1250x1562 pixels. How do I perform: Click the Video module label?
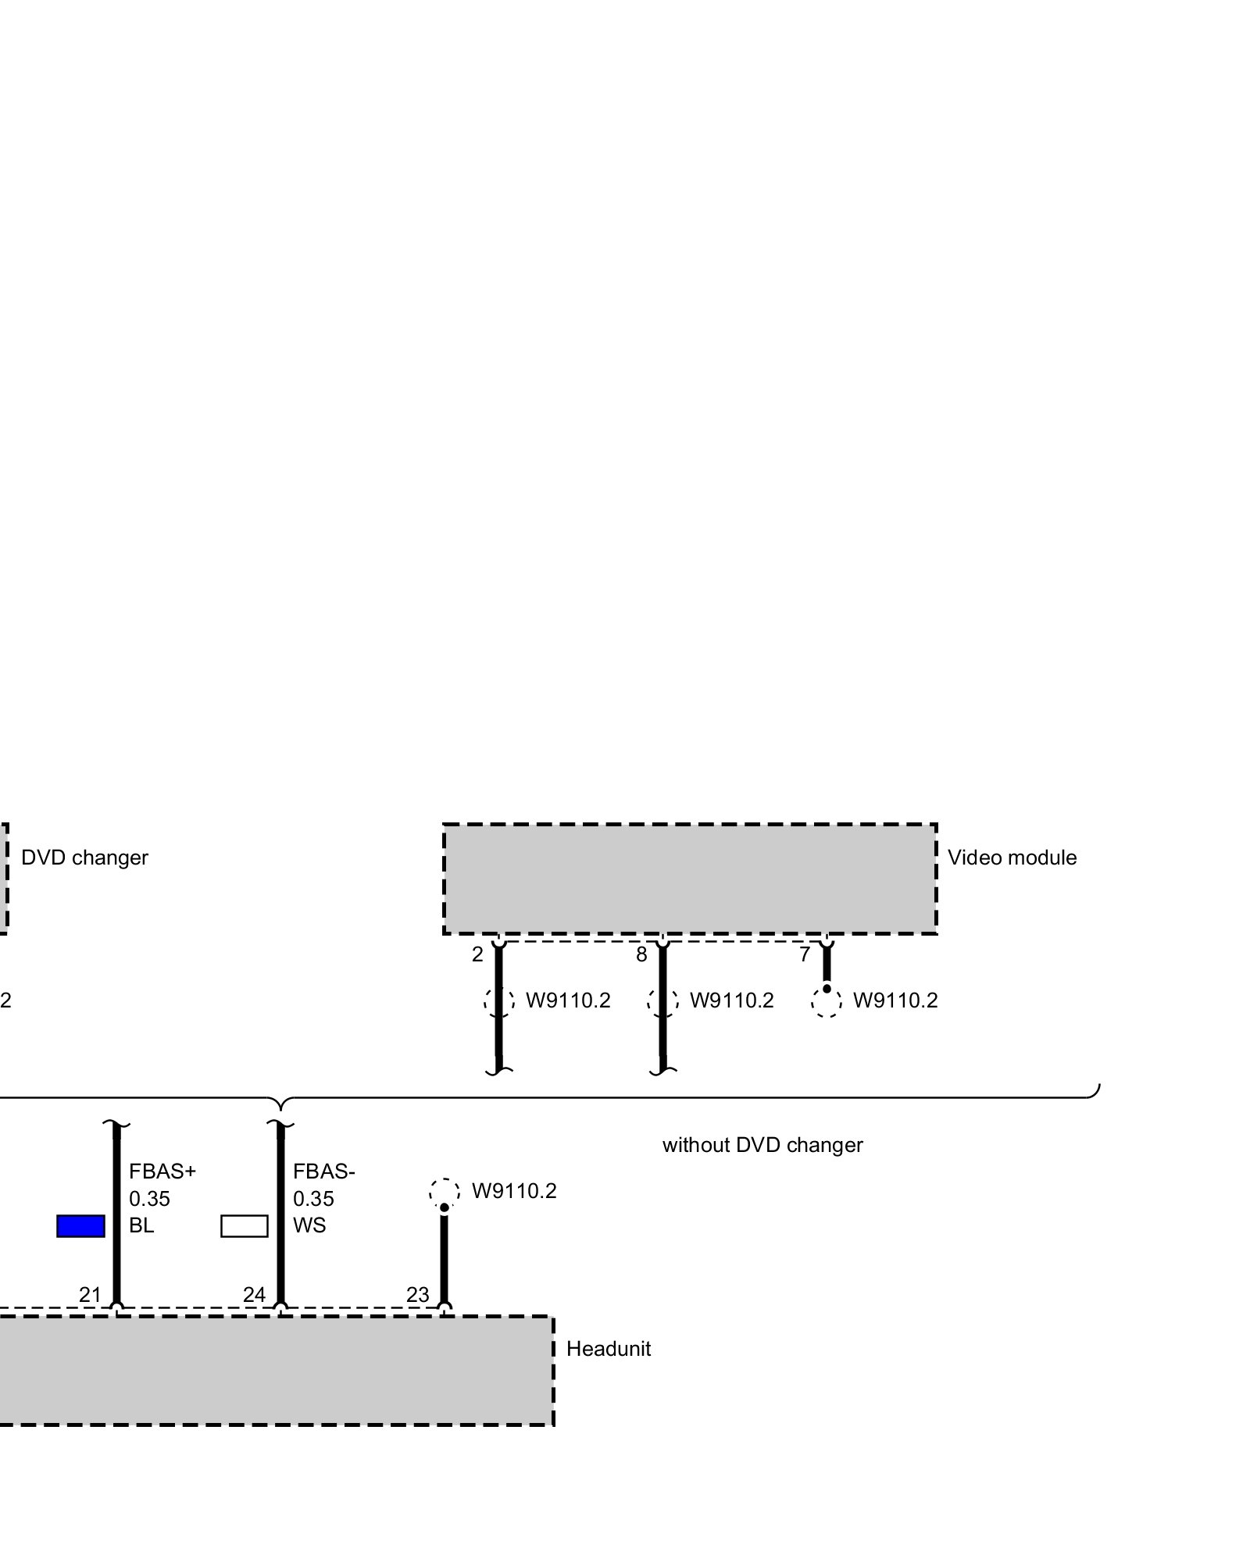pos(1012,858)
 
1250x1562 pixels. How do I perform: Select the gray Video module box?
pos(690,879)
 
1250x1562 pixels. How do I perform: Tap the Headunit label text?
pos(608,1349)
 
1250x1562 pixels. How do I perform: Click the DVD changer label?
pos(84,858)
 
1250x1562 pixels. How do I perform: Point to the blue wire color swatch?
pos(80,1226)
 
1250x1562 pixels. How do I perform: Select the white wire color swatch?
pos(245,1226)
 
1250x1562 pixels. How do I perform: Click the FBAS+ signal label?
pos(162,1171)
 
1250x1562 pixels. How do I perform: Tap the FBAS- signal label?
pos(324,1171)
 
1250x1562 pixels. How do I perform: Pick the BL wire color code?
pos(141,1225)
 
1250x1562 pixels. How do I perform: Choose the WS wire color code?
pos(309,1225)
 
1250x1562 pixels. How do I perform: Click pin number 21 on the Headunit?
pos(90,1295)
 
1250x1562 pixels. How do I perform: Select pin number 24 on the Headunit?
pos(254,1295)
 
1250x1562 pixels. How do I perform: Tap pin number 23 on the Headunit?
pos(418,1295)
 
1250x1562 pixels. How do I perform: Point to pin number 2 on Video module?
pos(477,954)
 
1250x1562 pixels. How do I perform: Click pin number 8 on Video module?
pos(641,954)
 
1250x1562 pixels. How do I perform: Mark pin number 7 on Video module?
pos(805,954)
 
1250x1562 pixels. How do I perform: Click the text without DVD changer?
pos(762,1145)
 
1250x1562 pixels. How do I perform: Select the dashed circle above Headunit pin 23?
pos(444,1193)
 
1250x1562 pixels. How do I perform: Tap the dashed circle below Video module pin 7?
pos(827,1002)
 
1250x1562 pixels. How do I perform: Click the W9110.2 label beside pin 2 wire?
pos(568,1000)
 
